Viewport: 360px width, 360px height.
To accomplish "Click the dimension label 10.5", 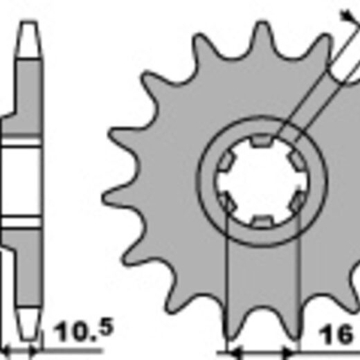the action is pyautogui.click(x=83, y=330).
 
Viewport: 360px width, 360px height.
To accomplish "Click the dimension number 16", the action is pyautogui.click(x=336, y=334).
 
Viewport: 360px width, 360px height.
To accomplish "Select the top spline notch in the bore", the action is pyautogui.click(x=261, y=141).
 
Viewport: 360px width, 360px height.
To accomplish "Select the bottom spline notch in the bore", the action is pyautogui.click(x=261, y=221).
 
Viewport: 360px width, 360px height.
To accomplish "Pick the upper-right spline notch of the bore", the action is pyautogui.click(x=296, y=161).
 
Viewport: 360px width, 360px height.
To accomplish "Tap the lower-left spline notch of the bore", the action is pyautogui.click(x=227, y=201).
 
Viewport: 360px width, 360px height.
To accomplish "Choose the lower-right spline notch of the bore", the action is pyautogui.click(x=297, y=201).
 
